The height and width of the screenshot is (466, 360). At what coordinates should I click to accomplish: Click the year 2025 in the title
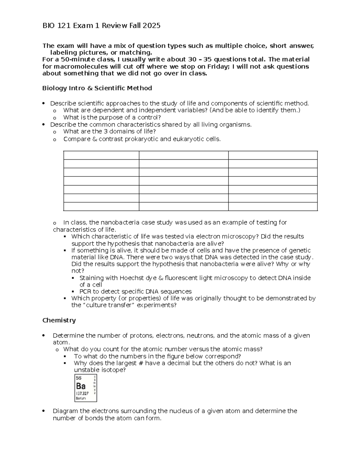pos(151,26)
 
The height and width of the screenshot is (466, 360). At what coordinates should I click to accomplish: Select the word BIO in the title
pos(49,26)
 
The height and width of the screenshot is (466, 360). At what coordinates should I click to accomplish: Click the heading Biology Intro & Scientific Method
pos(97,88)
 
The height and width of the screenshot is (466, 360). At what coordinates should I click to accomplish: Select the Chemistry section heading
pos(59,320)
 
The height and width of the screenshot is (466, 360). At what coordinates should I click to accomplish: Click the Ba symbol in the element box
pos(81,386)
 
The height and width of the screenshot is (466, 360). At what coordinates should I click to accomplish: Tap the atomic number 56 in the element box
pos(79,378)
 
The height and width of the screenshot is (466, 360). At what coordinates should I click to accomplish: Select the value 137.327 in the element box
pos(82,393)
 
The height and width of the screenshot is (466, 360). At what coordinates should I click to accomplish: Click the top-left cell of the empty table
pos(101,155)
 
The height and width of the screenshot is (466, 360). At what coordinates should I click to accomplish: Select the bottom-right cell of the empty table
pos(273,206)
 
